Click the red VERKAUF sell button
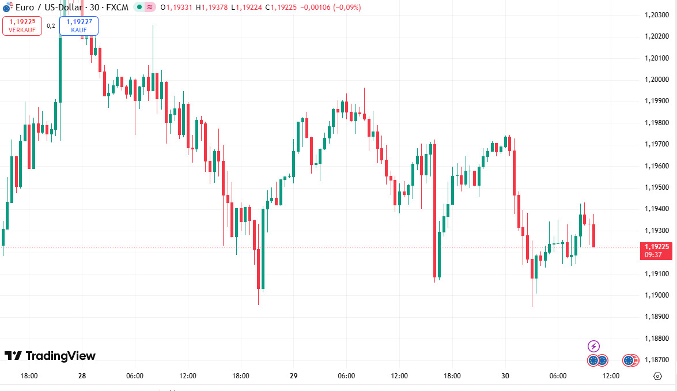pos(22,26)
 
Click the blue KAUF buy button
pos(79,26)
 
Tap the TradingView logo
pos(50,356)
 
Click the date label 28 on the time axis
pos(82,376)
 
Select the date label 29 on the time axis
pos(293,376)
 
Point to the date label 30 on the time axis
pos(505,376)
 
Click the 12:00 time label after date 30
pos(611,376)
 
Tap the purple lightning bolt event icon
pos(593,346)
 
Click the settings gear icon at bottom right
pos(658,376)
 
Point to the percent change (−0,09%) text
pos(345,7)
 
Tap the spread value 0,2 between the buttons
pos(51,26)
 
